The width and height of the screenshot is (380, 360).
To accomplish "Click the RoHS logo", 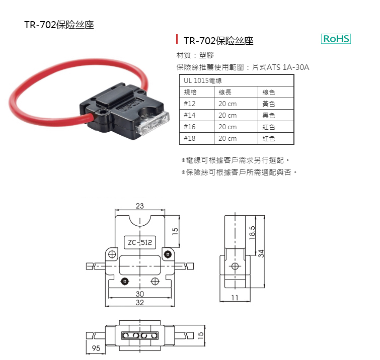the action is [x=336, y=39].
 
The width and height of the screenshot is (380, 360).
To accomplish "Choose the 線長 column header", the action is [x=225, y=92].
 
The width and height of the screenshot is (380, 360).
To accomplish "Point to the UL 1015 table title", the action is [x=203, y=80].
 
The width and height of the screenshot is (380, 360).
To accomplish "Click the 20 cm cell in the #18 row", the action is [x=227, y=138].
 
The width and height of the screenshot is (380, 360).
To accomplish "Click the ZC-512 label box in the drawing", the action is [x=140, y=242].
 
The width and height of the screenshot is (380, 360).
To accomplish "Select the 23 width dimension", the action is [x=140, y=206].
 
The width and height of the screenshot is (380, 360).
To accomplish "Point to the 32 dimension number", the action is [x=140, y=302].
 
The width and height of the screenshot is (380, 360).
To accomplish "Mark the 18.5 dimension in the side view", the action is [x=252, y=233].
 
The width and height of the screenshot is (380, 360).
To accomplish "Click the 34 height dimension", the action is [x=261, y=253].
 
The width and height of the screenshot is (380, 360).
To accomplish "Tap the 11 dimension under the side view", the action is [x=235, y=298].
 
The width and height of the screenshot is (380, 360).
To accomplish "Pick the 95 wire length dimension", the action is [x=96, y=348].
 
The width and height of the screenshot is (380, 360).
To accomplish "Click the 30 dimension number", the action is [x=140, y=294].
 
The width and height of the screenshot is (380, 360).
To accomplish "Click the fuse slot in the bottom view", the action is [x=140, y=335].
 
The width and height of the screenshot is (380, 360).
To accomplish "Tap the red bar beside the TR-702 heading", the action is [x=177, y=39].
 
